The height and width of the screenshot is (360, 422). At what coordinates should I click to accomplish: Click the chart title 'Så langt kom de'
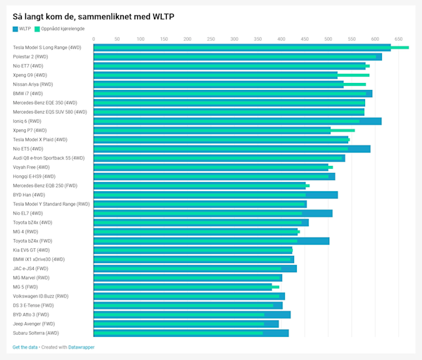[94, 15]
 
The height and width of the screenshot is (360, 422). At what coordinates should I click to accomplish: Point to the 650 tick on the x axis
[399, 39]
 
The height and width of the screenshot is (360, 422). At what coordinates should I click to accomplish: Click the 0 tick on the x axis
[94, 39]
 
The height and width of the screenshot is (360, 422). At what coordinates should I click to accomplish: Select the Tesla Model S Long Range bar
[242, 48]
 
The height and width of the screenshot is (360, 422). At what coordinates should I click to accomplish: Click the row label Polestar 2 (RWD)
[31, 57]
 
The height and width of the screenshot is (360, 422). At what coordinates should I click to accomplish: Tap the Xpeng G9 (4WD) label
[30, 75]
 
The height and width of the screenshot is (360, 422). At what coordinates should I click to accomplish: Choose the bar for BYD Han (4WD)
[215, 195]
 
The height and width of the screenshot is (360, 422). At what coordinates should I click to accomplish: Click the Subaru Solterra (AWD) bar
[191, 333]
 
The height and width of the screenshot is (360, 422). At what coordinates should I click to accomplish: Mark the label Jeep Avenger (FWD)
[34, 324]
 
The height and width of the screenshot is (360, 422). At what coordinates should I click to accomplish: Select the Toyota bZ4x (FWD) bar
[211, 241]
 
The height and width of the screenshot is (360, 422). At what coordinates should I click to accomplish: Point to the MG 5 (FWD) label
[25, 287]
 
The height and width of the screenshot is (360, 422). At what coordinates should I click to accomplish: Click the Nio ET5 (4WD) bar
[231, 149]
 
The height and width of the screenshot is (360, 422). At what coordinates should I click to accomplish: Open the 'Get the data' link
[25, 347]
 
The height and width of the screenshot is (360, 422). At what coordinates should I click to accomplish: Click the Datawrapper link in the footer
[82, 347]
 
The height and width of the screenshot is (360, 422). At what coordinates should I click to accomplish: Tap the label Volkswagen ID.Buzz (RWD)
[41, 296]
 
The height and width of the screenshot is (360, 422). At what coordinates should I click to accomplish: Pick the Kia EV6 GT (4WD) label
[32, 250]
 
